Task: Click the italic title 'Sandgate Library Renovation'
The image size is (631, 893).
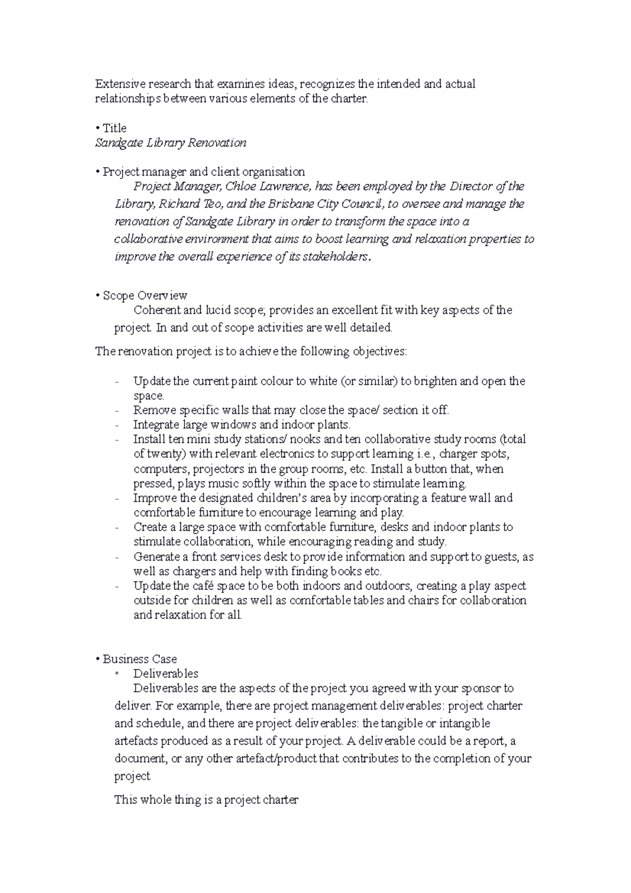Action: point(170,143)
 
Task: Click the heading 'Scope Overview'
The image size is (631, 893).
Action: point(145,296)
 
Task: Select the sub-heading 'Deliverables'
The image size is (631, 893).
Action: point(166,674)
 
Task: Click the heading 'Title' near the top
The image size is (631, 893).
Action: point(115,128)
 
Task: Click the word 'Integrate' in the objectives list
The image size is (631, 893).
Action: point(156,425)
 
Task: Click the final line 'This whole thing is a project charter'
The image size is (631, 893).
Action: point(207,800)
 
